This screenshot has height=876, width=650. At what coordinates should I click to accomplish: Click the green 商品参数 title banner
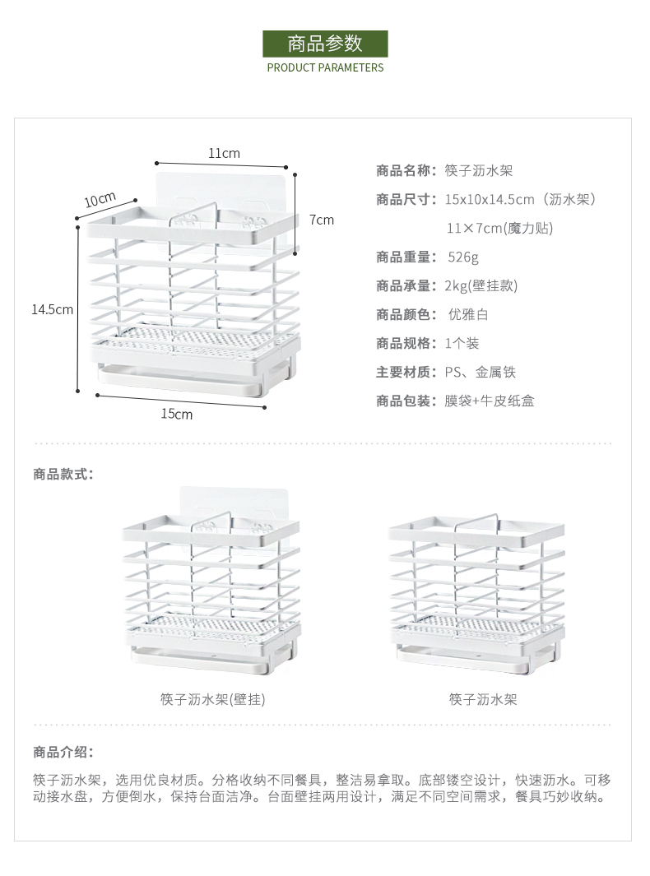pyautogui.click(x=325, y=43)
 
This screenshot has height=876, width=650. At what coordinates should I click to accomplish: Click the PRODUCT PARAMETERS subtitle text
pyautogui.click(x=325, y=67)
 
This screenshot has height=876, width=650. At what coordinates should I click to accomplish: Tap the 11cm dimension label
pyautogui.click(x=224, y=153)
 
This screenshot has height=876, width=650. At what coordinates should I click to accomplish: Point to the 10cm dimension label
pyautogui.click(x=99, y=200)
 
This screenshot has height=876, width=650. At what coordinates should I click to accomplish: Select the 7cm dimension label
pyautogui.click(x=322, y=220)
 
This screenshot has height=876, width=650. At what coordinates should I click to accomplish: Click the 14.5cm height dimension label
pyautogui.click(x=53, y=309)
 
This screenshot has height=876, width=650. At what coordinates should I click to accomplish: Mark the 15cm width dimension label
pyautogui.click(x=176, y=414)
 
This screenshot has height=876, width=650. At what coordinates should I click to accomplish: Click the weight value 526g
pyautogui.click(x=463, y=257)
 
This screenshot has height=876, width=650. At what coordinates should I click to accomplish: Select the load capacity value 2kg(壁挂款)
pyautogui.click(x=481, y=285)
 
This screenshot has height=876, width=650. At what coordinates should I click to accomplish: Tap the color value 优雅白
pyautogui.click(x=468, y=314)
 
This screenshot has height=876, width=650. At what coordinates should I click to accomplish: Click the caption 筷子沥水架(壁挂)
pyautogui.click(x=213, y=699)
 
